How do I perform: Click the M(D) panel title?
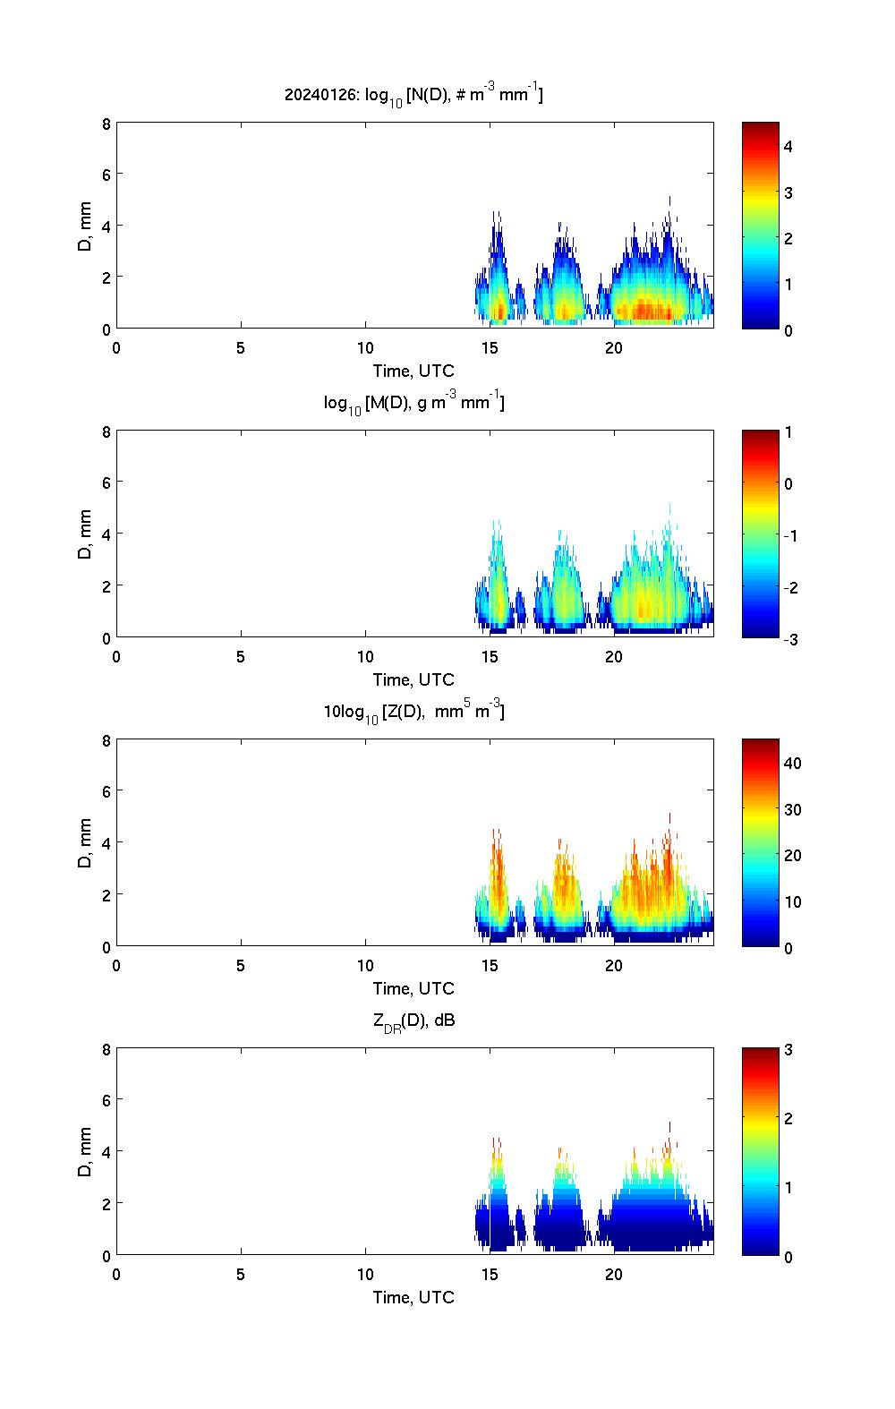(x=413, y=403)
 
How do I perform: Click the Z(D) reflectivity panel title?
(x=413, y=712)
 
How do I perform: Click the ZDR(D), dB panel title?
(x=413, y=1020)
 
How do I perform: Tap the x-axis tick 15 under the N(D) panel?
(x=490, y=347)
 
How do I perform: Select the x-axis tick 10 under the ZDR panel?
(x=365, y=1274)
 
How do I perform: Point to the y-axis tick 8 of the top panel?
(x=106, y=124)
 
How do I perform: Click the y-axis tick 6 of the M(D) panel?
(x=106, y=482)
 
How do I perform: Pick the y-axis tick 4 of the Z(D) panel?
(x=106, y=842)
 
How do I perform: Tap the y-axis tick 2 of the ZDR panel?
(x=106, y=1203)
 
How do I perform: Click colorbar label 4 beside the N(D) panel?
(x=788, y=146)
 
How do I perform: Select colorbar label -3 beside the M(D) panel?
(x=790, y=639)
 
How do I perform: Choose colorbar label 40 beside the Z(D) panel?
(x=792, y=764)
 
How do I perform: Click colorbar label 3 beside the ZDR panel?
(x=788, y=1050)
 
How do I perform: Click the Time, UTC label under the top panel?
(x=413, y=371)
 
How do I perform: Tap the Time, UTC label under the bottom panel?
(x=413, y=1297)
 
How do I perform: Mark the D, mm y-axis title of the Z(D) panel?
(x=85, y=844)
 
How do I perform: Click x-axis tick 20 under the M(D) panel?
(x=614, y=656)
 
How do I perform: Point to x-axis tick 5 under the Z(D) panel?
(x=241, y=965)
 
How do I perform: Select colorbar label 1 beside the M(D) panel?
(x=788, y=432)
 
